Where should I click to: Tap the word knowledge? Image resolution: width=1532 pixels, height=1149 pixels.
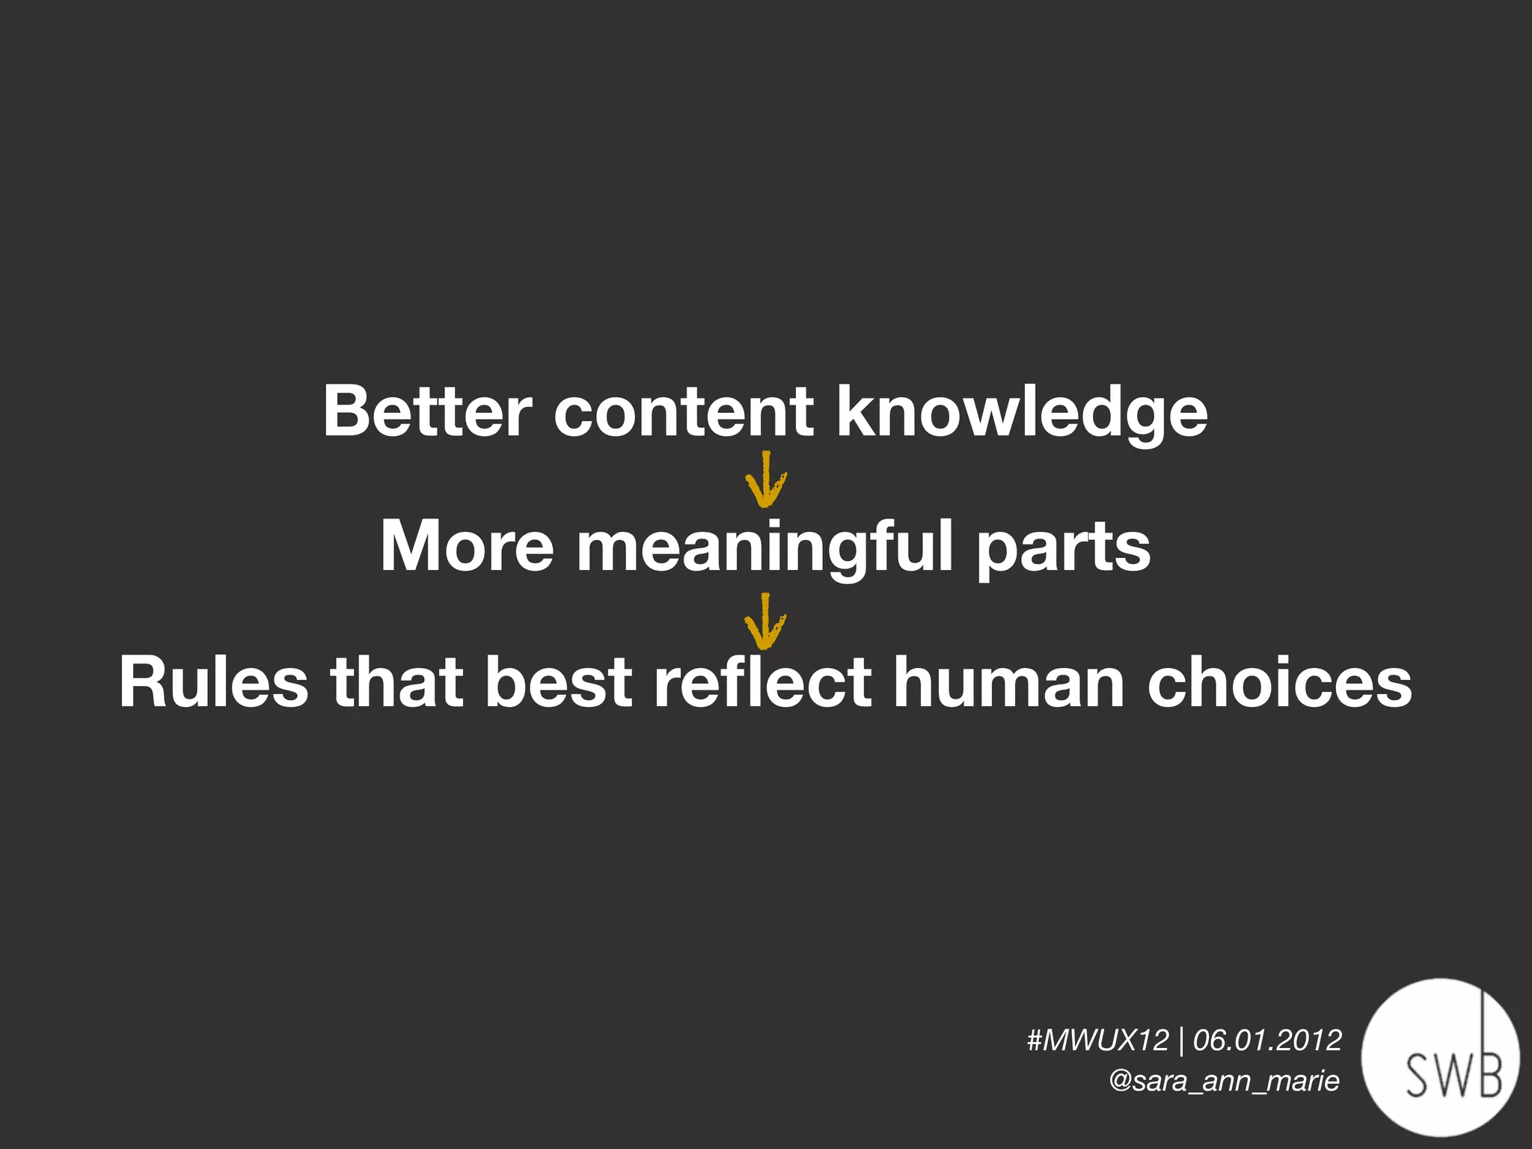click(1022, 414)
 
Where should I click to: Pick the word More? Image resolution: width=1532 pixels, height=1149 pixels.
click(467, 547)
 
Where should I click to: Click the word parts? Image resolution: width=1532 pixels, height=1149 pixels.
click(1063, 550)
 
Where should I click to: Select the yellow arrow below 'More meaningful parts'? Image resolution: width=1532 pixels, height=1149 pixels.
click(765, 622)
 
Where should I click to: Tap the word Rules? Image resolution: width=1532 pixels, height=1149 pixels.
click(213, 681)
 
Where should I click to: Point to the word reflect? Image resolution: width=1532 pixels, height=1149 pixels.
click(762, 681)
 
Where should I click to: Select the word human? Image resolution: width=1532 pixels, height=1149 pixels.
click(1009, 681)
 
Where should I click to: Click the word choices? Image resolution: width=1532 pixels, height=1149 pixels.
click(1279, 681)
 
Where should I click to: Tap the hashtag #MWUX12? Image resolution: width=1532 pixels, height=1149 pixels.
click(1097, 1040)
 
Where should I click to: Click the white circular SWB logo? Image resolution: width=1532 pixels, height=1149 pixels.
click(1440, 1056)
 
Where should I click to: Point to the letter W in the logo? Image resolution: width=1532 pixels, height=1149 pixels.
click(1453, 1076)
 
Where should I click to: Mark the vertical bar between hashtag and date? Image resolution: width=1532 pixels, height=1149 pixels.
click(1181, 1041)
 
